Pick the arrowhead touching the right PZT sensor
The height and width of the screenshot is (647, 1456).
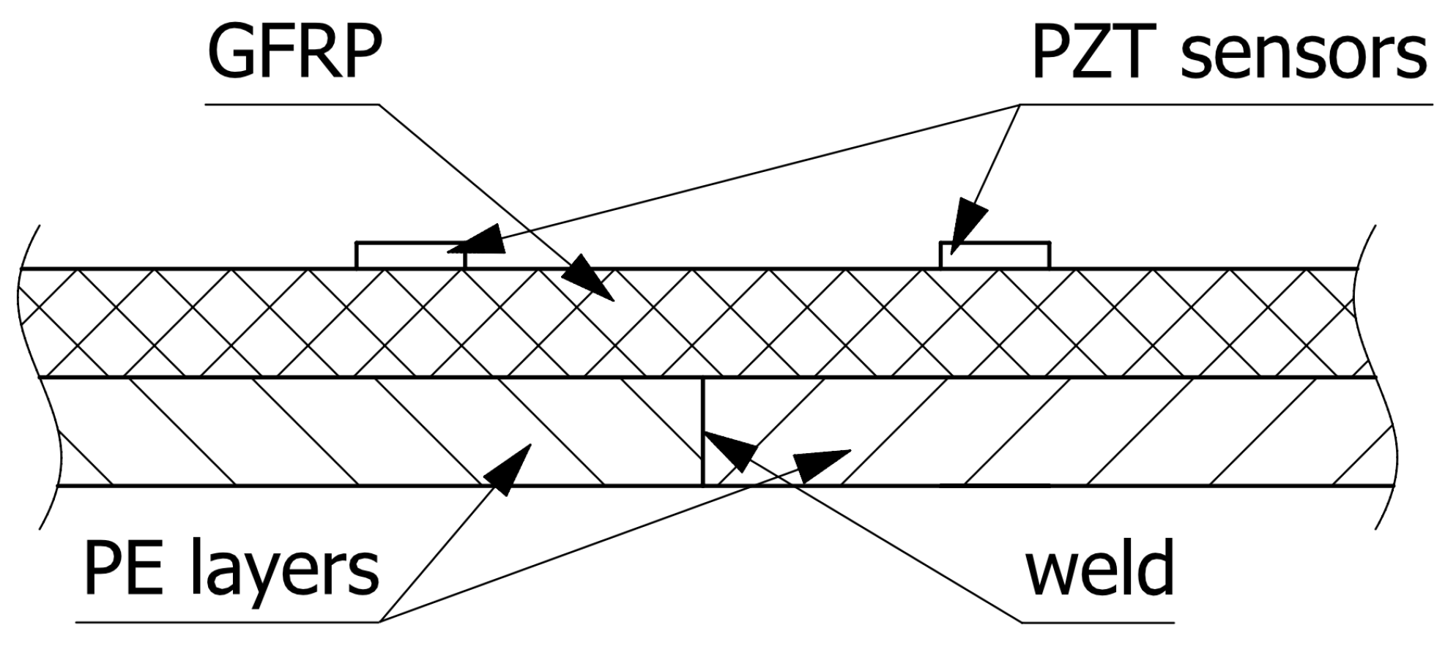968,227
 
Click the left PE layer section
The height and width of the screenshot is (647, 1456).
293,432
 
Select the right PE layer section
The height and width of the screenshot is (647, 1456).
1099,432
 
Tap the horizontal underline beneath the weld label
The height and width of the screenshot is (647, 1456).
1099,623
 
